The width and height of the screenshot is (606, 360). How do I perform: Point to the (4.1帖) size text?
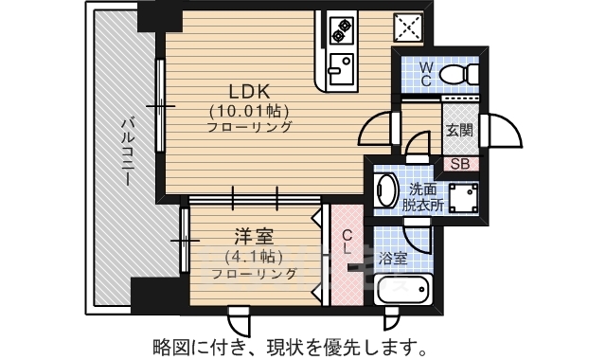(249, 256)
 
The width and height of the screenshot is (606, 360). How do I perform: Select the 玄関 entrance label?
(459, 132)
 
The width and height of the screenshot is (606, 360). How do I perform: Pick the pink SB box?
(460, 162)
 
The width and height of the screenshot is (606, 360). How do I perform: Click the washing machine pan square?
(464, 198)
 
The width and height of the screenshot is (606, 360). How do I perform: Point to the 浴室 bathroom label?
(393, 257)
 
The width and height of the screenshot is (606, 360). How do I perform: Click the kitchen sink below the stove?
(338, 67)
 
